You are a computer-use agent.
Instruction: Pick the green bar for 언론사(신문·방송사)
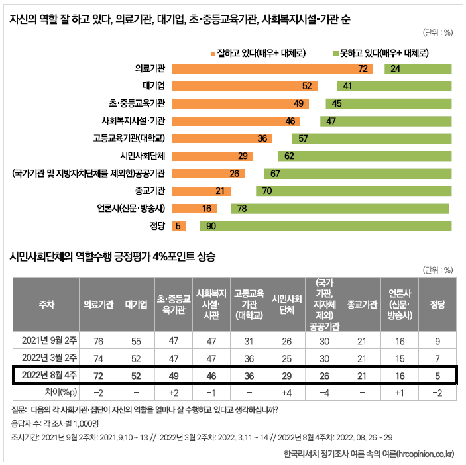point(339,208)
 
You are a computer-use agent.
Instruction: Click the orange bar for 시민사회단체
point(212,156)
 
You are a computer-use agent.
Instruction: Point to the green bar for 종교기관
point(353,191)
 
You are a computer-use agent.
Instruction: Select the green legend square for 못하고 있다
point(335,52)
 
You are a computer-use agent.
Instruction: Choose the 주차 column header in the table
point(46,304)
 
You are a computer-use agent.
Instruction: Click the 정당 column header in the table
point(437,304)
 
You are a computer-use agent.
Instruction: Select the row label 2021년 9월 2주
point(46,341)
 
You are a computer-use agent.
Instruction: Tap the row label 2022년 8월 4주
point(46,376)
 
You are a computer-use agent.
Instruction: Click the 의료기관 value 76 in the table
point(98,341)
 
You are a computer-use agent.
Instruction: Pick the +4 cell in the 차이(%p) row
point(286,392)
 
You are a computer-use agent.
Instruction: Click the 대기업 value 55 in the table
point(136,341)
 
